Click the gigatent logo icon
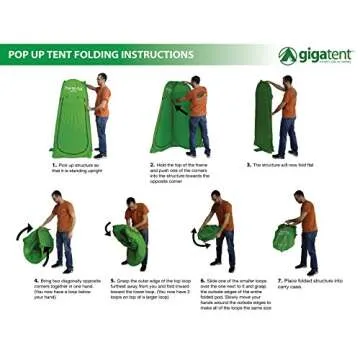(x=288, y=54)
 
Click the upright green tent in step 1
(x=70, y=118)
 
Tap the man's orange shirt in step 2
(x=197, y=101)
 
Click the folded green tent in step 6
(x=206, y=232)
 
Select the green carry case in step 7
(x=286, y=239)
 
